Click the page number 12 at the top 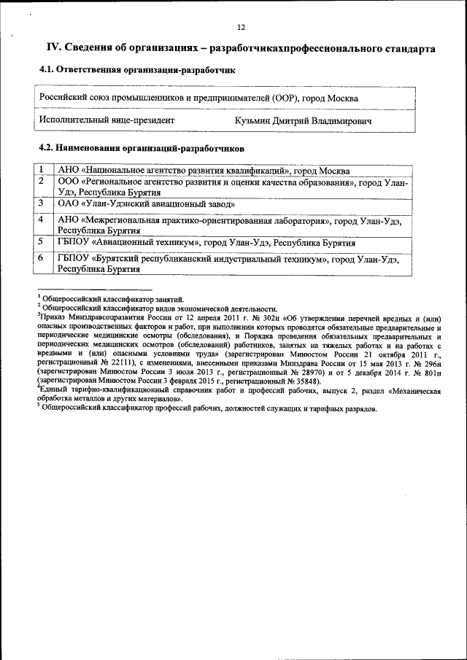coord(241,27)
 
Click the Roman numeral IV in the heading coord(53,48)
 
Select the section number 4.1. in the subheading coord(47,70)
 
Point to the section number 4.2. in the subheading coord(47,147)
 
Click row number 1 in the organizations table coord(42,170)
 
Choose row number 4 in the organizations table coord(42,219)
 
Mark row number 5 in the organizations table coord(42,241)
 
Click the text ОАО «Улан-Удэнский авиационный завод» coord(146,204)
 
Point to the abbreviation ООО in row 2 coord(69,182)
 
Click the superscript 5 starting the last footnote coord(39,405)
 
